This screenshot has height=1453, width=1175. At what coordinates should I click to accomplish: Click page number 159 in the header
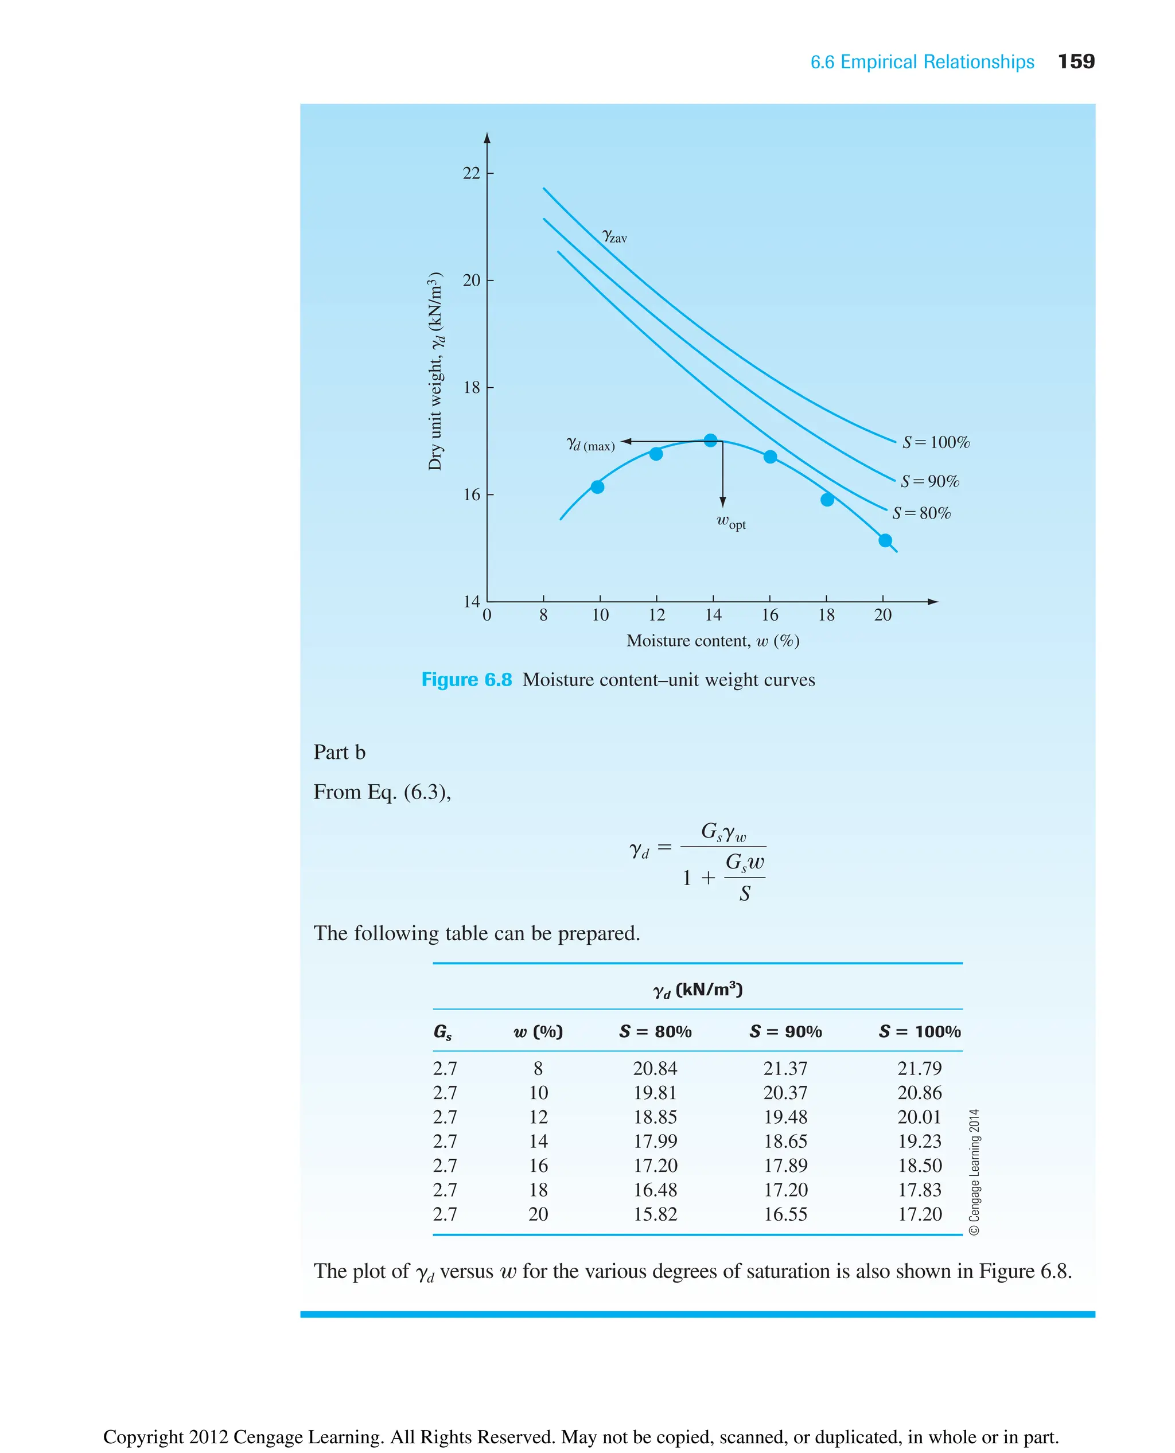[x=1076, y=61]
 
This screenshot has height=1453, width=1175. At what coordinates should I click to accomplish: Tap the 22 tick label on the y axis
[x=471, y=173]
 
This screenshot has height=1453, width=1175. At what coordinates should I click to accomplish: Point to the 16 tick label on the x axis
[x=769, y=615]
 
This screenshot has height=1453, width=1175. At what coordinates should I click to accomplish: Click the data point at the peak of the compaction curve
[x=710, y=440]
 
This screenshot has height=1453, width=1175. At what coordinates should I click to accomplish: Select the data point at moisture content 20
[x=885, y=540]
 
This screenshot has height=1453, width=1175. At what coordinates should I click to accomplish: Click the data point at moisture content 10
[x=597, y=486]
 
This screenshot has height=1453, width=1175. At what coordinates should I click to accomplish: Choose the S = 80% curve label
[x=921, y=513]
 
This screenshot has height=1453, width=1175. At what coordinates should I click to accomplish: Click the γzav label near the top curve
[x=614, y=236]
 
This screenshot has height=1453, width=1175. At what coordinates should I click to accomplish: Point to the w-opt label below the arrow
[x=731, y=522]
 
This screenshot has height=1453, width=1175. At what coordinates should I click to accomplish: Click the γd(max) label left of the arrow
[x=590, y=445]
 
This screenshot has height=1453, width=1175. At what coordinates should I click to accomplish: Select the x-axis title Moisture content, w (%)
[x=713, y=641]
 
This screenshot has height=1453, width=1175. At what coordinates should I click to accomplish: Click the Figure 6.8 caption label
[x=466, y=680]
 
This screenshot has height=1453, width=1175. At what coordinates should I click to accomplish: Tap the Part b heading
[x=339, y=752]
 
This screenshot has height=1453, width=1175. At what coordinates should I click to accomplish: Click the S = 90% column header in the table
[x=785, y=1031]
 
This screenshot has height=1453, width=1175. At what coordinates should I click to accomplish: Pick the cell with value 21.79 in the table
[x=919, y=1068]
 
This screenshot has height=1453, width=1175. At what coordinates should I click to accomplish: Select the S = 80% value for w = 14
[x=655, y=1141]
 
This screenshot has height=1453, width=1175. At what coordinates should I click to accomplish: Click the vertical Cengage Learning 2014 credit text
[x=974, y=1171]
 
